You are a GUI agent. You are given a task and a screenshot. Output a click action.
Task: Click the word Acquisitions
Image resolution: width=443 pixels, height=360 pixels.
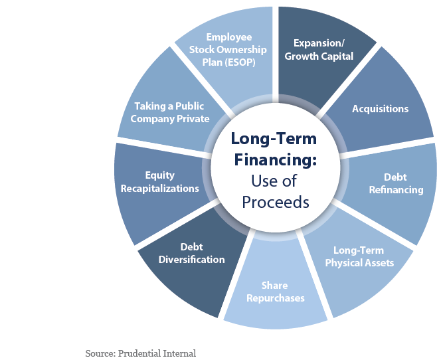pos(380,109)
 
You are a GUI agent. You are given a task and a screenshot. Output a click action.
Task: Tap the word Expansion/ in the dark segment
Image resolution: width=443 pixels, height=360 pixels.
pos(319,43)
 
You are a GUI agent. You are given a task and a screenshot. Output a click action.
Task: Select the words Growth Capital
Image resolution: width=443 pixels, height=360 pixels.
pos(319,56)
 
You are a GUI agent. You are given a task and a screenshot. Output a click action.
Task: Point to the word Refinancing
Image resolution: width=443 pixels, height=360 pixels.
pos(396,189)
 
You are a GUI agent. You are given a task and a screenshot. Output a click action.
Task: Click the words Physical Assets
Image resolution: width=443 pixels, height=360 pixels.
pos(359,263)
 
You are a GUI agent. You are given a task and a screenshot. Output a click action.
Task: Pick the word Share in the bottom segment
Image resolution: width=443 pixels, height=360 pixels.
pos(274,286)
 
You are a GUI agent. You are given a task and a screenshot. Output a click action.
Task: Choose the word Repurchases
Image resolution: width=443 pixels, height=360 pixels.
pos(276,298)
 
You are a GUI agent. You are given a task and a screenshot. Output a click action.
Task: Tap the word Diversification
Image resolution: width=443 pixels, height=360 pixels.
pos(191,260)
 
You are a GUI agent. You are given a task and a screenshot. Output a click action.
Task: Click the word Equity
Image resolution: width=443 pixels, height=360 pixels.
pos(160,175)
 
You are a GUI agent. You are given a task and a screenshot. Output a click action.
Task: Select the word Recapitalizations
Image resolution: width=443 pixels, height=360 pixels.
pos(160,189)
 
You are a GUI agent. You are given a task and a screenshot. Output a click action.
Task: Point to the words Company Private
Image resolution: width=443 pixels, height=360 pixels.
pos(170,119)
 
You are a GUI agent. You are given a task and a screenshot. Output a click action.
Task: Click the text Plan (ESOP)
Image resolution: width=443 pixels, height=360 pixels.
pos(229,62)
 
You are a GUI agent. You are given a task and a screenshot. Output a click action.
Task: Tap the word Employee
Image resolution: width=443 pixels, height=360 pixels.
pos(229,37)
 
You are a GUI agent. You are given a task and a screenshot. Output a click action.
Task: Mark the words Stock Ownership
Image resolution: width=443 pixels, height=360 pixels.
pos(228,50)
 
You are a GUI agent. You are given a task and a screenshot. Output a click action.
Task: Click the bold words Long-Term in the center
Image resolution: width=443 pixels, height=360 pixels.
pos(274,139)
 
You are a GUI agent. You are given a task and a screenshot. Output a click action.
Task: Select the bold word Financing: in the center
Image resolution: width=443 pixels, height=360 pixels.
pos(276,159)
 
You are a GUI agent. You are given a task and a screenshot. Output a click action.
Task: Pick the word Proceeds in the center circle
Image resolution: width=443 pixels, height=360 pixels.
pos(276,203)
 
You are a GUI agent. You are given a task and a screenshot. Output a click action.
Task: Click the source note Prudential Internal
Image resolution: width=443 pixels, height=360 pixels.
pos(157,353)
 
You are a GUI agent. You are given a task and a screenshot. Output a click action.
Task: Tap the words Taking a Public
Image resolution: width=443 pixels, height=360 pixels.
pos(169,106)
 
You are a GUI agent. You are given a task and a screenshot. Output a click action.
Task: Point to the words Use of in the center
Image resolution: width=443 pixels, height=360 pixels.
pos(274,181)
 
